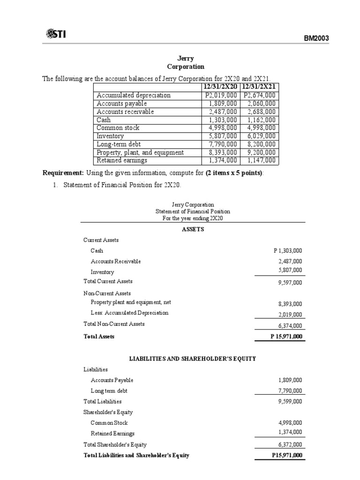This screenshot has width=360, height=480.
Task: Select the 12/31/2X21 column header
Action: pyautogui.click(x=258, y=87)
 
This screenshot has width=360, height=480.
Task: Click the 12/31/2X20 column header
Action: pyautogui.click(x=221, y=87)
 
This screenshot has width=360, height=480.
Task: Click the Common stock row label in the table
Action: pyautogui.click(x=118, y=128)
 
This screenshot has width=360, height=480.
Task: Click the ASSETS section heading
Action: pyautogui.click(x=193, y=230)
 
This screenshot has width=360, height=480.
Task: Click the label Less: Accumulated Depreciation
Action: pyautogui.click(x=129, y=313)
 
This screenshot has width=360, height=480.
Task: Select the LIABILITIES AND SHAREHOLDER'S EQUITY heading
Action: pyautogui.click(x=193, y=359)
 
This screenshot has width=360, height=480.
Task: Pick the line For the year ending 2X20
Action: pyautogui.click(x=193, y=218)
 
